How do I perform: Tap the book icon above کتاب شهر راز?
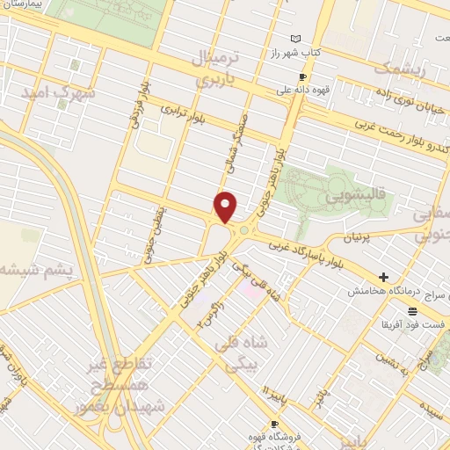(x=295, y=39)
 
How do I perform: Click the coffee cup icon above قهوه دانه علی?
(x=302, y=76)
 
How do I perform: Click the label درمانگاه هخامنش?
(x=382, y=290)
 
